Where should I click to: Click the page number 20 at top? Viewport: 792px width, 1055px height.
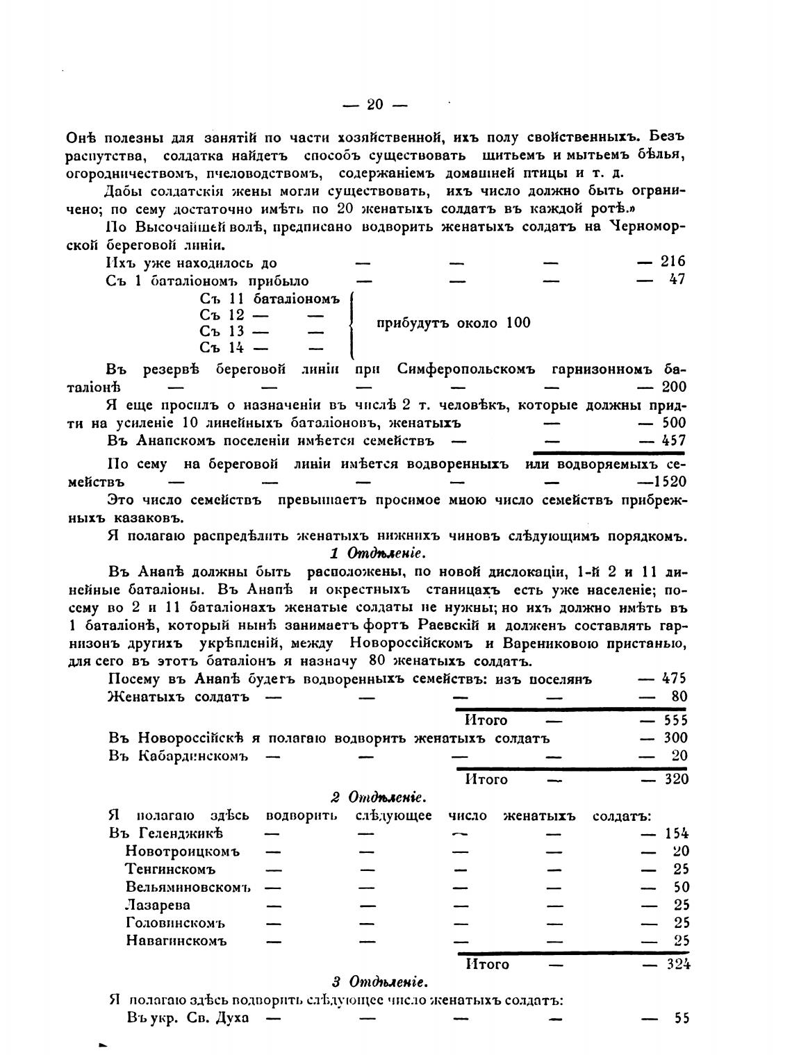click(375, 105)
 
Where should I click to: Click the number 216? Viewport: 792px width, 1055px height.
click(673, 262)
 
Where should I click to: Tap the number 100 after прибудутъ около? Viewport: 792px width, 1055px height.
click(518, 323)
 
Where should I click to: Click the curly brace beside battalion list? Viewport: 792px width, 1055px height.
click(353, 324)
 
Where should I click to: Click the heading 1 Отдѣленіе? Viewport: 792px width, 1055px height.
click(376, 554)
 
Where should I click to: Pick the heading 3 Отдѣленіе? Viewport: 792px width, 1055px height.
click(379, 982)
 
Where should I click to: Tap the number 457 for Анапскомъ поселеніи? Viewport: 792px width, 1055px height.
click(673, 440)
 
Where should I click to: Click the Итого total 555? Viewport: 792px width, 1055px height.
click(675, 720)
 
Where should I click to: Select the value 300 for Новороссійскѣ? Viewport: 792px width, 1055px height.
click(675, 738)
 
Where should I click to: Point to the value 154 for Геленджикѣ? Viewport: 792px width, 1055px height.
click(676, 833)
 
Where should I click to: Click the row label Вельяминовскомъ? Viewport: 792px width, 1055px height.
click(188, 888)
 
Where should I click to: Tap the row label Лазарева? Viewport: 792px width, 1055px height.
click(158, 906)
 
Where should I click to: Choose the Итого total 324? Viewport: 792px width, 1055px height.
click(676, 964)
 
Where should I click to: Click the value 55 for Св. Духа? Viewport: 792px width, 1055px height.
click(681, 1019)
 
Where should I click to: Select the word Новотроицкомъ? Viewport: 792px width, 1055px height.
click(182, 852)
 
